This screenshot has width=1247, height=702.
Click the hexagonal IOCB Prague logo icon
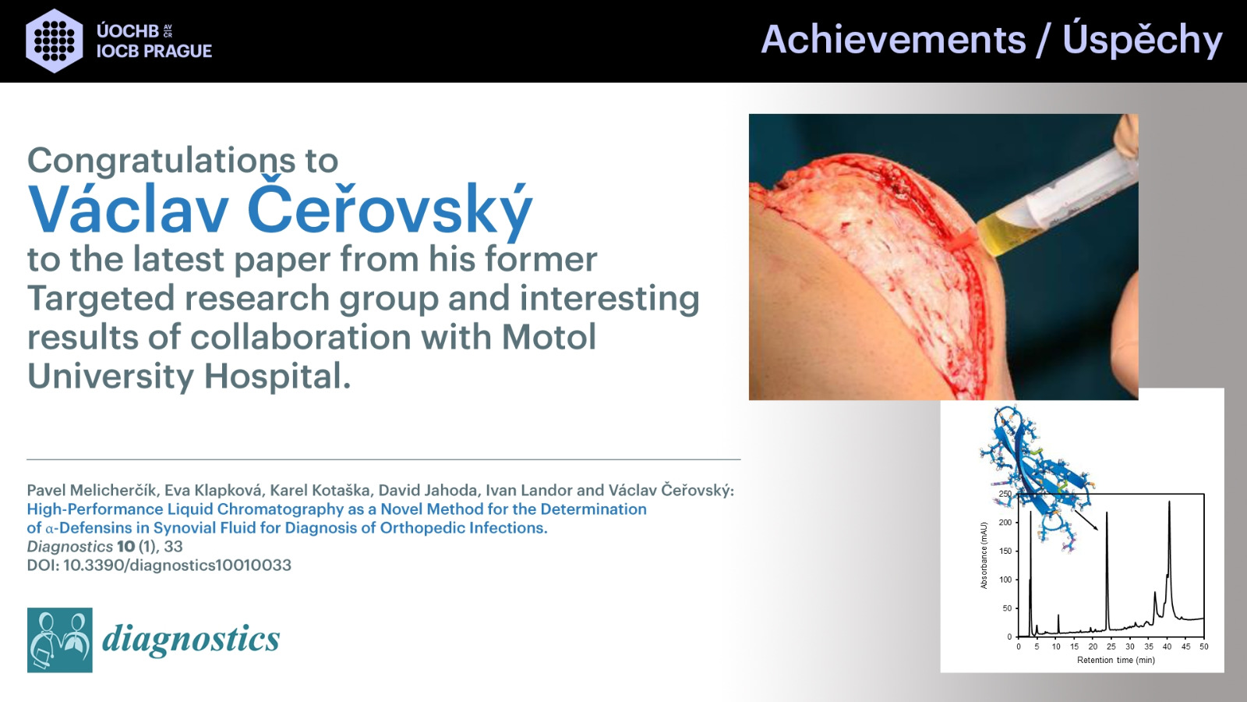[55, 41]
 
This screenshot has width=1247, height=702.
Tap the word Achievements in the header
[893, 40]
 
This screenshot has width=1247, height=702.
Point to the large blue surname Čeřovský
[390, 210]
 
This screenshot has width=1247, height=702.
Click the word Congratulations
[152, 161]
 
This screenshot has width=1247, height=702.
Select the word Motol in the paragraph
[549, 336]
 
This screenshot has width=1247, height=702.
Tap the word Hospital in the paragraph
[277, 378]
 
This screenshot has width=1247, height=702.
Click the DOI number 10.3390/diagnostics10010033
[177, 565]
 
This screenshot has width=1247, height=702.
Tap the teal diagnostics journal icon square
[59, 640]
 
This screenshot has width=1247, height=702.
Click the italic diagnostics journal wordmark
[191, 639]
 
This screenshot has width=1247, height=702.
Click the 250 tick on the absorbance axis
[1005, 495]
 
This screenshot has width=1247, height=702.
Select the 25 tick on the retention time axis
[1111, 647]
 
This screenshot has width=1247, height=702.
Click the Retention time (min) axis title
[1115, 660]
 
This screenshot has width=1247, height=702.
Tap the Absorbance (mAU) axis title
[984, 555]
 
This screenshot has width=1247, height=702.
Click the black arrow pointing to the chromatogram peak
[1085, 519]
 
